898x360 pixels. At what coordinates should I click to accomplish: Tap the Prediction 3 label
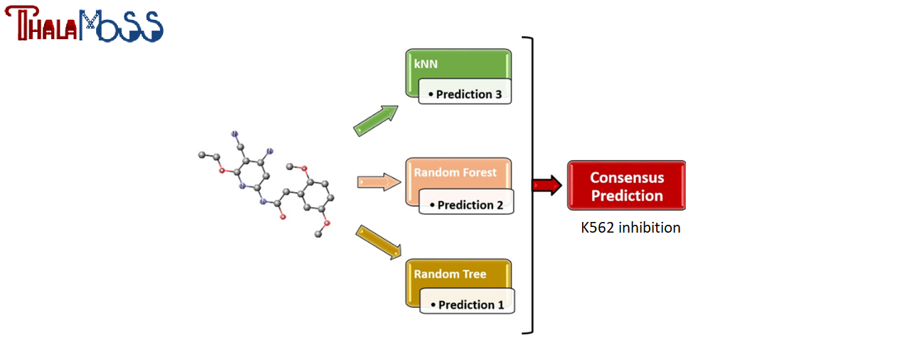pos(465,94)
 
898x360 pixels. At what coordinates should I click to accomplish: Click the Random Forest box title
pos(455,172)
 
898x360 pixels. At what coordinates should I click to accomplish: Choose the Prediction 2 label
pos(466,205)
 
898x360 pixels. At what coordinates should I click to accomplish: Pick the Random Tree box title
pos(450,274)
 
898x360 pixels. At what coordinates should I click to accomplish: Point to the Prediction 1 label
pos(467,305)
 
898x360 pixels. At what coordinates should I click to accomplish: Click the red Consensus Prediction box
pos(626,186)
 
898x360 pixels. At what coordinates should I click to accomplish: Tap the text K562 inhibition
pos(630,228)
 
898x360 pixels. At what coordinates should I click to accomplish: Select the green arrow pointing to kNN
pos(376,120)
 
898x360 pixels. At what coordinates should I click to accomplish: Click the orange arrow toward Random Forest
pos(376,182)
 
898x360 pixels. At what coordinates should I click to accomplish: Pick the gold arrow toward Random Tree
pos(378,242)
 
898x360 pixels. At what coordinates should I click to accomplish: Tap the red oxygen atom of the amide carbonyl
pos(282,216)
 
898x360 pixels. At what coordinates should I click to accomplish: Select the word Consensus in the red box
pos(627,177)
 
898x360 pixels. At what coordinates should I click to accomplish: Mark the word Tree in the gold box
pos(473,274)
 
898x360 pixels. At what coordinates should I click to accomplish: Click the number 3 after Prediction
pos(498,94)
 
